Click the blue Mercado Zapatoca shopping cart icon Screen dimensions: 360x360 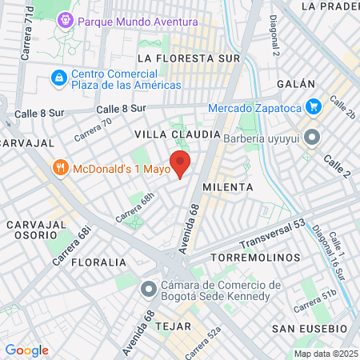(x=314, y=107)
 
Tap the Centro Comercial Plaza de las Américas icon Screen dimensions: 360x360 (x=58, y=78)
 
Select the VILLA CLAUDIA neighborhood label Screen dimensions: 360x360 (x=177, y=133)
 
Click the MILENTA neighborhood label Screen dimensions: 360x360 (x=227, y=186)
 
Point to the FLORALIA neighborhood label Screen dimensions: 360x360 (x=98, y=262)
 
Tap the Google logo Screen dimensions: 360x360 (x=26, y=350)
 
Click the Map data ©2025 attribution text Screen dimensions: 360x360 (x=324, y=354)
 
